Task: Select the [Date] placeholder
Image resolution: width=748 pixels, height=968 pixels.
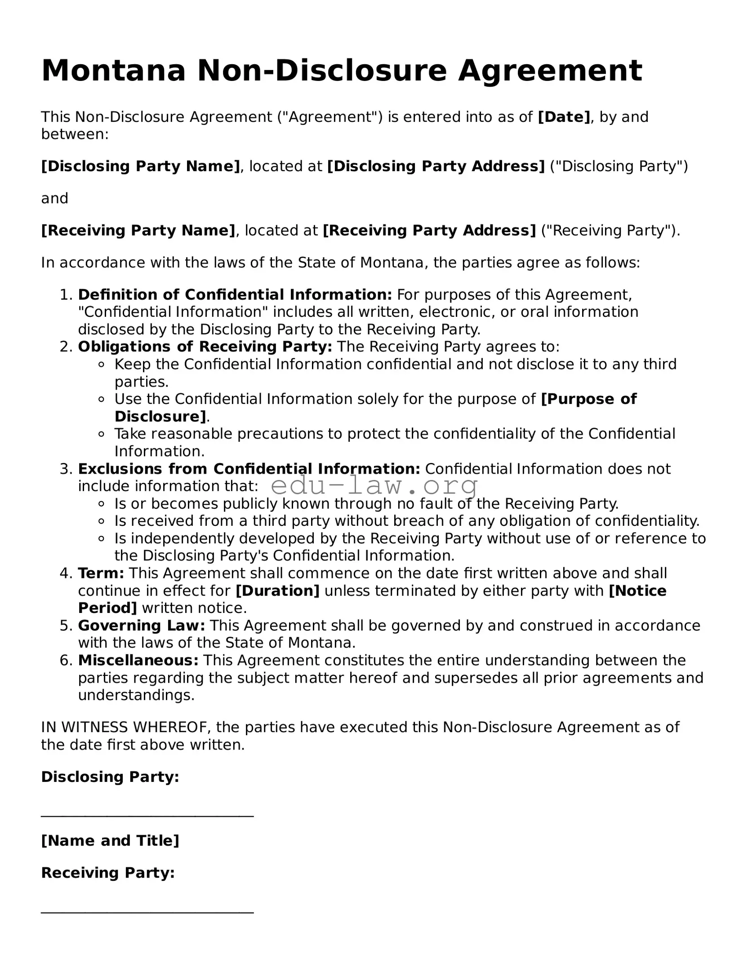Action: (x=564, y=117)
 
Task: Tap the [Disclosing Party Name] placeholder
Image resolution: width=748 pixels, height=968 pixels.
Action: (x=141, y=166)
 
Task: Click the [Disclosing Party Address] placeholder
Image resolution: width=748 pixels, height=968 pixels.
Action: (x=436, y=166)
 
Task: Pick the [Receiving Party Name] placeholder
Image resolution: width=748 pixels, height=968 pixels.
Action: (x=138, y=231)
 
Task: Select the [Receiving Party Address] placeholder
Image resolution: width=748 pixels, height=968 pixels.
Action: (x=429, y=231)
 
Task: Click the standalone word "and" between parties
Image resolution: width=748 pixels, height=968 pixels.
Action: (x=54, y=199)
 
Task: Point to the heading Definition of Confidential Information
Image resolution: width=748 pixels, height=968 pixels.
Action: (x=235, y=295)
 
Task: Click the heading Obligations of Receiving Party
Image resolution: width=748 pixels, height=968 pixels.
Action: (x=205, y=347)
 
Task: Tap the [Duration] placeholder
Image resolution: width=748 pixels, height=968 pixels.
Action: (x=277, y=591)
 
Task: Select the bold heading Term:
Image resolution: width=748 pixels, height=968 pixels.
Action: (x=101, y=573)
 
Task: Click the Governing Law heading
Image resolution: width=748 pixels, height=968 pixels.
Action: (x=141, y=626)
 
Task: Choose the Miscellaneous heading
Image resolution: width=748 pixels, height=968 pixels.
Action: (x=138, y=660)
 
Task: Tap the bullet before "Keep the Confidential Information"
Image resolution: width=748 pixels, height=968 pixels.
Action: (x=102, y=364)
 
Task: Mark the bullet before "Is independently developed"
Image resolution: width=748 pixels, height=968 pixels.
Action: (x=102, y=538)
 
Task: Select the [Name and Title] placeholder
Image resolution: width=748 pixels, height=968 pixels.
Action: (x=110, y=841)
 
